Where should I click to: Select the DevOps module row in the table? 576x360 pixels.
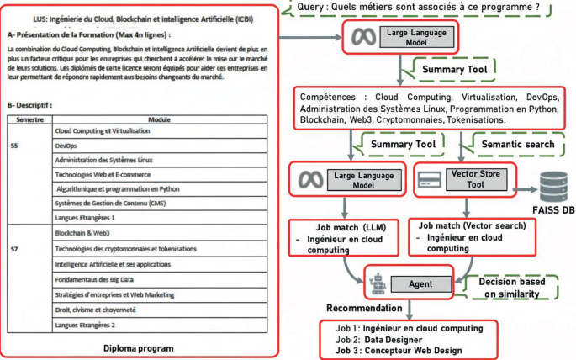[x=160, y=145]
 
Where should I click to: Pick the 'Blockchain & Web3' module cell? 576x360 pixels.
[x=160, y=233]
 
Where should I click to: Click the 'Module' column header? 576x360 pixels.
[x=160, y=119]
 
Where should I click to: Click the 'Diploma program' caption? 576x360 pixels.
[x=140, y=347]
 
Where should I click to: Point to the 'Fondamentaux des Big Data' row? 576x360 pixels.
[x=160, y=279]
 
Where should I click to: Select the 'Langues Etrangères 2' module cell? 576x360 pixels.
[x=160, y=325]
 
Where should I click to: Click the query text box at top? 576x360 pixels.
[x=429, y=9]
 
